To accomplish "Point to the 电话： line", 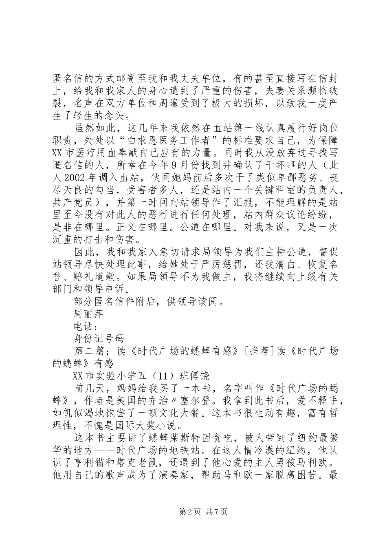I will (x=85, y=326).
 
